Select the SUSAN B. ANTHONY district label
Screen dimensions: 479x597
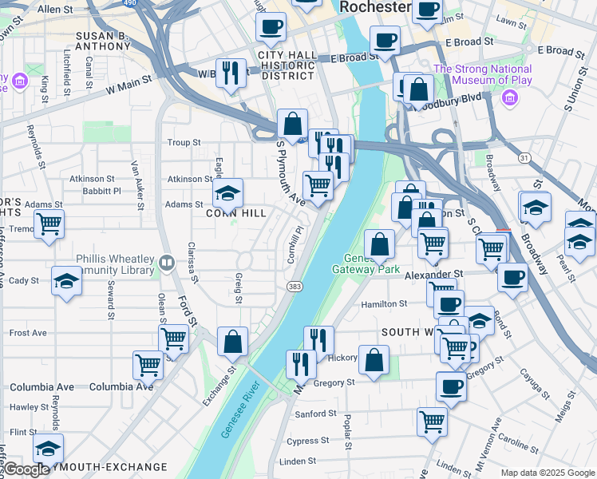pyautogui.click(x=102, y=41)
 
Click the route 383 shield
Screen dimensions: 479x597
pyautogui.click(x=293, y=286)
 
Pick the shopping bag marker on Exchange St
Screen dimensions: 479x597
pyautogui.click(x=232, y=342)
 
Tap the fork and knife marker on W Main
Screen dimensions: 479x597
pyautogui.click(x=231, y=73)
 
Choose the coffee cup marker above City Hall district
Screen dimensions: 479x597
pyautogui.click(x=271, y=26)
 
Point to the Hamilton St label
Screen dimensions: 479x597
pyautogui.click(x=384, y=304)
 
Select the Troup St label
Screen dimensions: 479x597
pyautogui.click(x=184, y=143)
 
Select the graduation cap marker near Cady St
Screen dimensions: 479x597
pyautogui.click(x=65, y=281)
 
